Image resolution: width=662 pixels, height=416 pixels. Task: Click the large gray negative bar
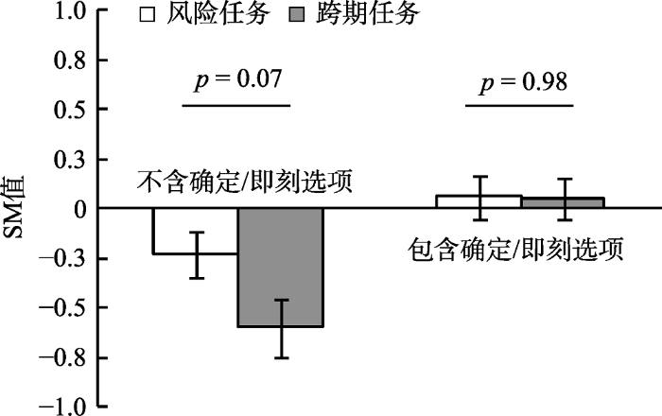[280, 267]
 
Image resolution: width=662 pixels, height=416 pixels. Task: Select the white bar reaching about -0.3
[195, 231]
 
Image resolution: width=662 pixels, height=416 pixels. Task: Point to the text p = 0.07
[235, 80]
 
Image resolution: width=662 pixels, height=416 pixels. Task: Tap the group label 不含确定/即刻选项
[245, 182]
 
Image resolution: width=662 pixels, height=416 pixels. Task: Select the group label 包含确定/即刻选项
[515, 251]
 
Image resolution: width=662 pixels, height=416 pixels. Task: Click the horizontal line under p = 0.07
[235, 104]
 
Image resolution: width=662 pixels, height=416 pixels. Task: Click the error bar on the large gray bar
[280, 328]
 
